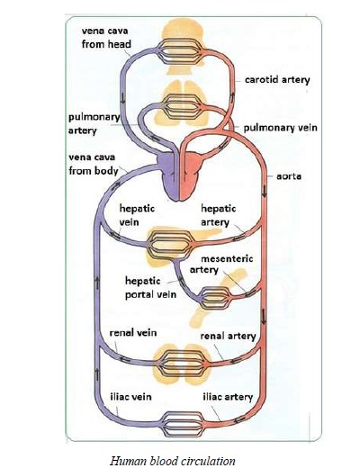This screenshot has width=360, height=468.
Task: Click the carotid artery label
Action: pos(277,80)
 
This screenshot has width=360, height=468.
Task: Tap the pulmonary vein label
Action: pos(280,128)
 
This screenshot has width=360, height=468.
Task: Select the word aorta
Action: pos(289,176)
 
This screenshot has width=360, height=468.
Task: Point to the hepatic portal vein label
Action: pos(150,288)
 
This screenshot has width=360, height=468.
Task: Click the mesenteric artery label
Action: pos(221,264)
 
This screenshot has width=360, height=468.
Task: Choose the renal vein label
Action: pos(133,333)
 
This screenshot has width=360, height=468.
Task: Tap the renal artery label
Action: pos(228,336)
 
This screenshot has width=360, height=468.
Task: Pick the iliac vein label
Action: pos(130,397)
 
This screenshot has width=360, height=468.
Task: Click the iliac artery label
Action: pos(228,397)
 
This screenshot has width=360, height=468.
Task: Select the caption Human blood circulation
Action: pos(172,461)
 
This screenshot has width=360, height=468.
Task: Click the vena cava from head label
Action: pos(106,38)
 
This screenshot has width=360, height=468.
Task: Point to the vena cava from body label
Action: pos(94,164)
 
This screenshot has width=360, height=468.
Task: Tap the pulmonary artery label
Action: pos(94,123)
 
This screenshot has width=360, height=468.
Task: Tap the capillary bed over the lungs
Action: pos(183,106)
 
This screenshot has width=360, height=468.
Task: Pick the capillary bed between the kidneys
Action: pos(183,363)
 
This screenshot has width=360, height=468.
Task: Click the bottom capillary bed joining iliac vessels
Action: pos(183,424)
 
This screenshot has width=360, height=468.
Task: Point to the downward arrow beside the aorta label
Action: pos(265,191)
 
